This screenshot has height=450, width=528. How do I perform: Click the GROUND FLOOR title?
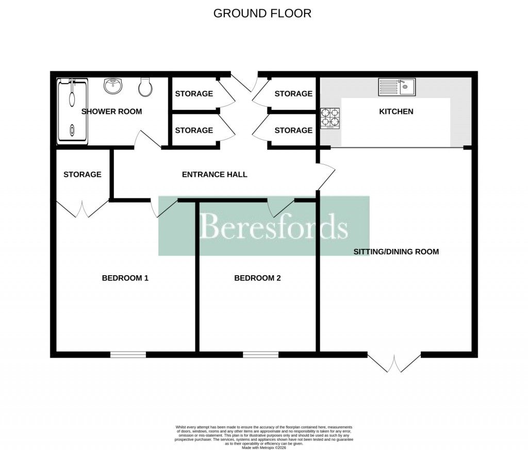(262, 13)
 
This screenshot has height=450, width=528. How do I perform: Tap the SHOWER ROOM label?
(111, 111)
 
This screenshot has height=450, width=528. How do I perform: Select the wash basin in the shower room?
(113, 86)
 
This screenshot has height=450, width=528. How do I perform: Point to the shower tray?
(72, 110)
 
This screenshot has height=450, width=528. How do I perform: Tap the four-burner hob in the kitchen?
(330, 118)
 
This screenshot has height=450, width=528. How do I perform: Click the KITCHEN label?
(396, 111)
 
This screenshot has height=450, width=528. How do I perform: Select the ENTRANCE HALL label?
(214, 174)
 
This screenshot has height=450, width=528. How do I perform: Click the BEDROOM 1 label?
(125, 278)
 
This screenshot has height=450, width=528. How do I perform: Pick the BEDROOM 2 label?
(257, 278)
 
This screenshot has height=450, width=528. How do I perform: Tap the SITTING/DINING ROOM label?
(396, 252)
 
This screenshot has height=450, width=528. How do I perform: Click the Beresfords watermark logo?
(264, 226)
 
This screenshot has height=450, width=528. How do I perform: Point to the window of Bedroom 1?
(128, 355)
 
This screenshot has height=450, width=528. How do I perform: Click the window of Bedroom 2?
(261, 355)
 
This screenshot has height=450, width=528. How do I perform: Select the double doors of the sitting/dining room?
(394, 362)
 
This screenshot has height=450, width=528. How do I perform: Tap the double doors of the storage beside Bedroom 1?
(82, 208)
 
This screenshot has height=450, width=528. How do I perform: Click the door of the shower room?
(142, 140)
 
